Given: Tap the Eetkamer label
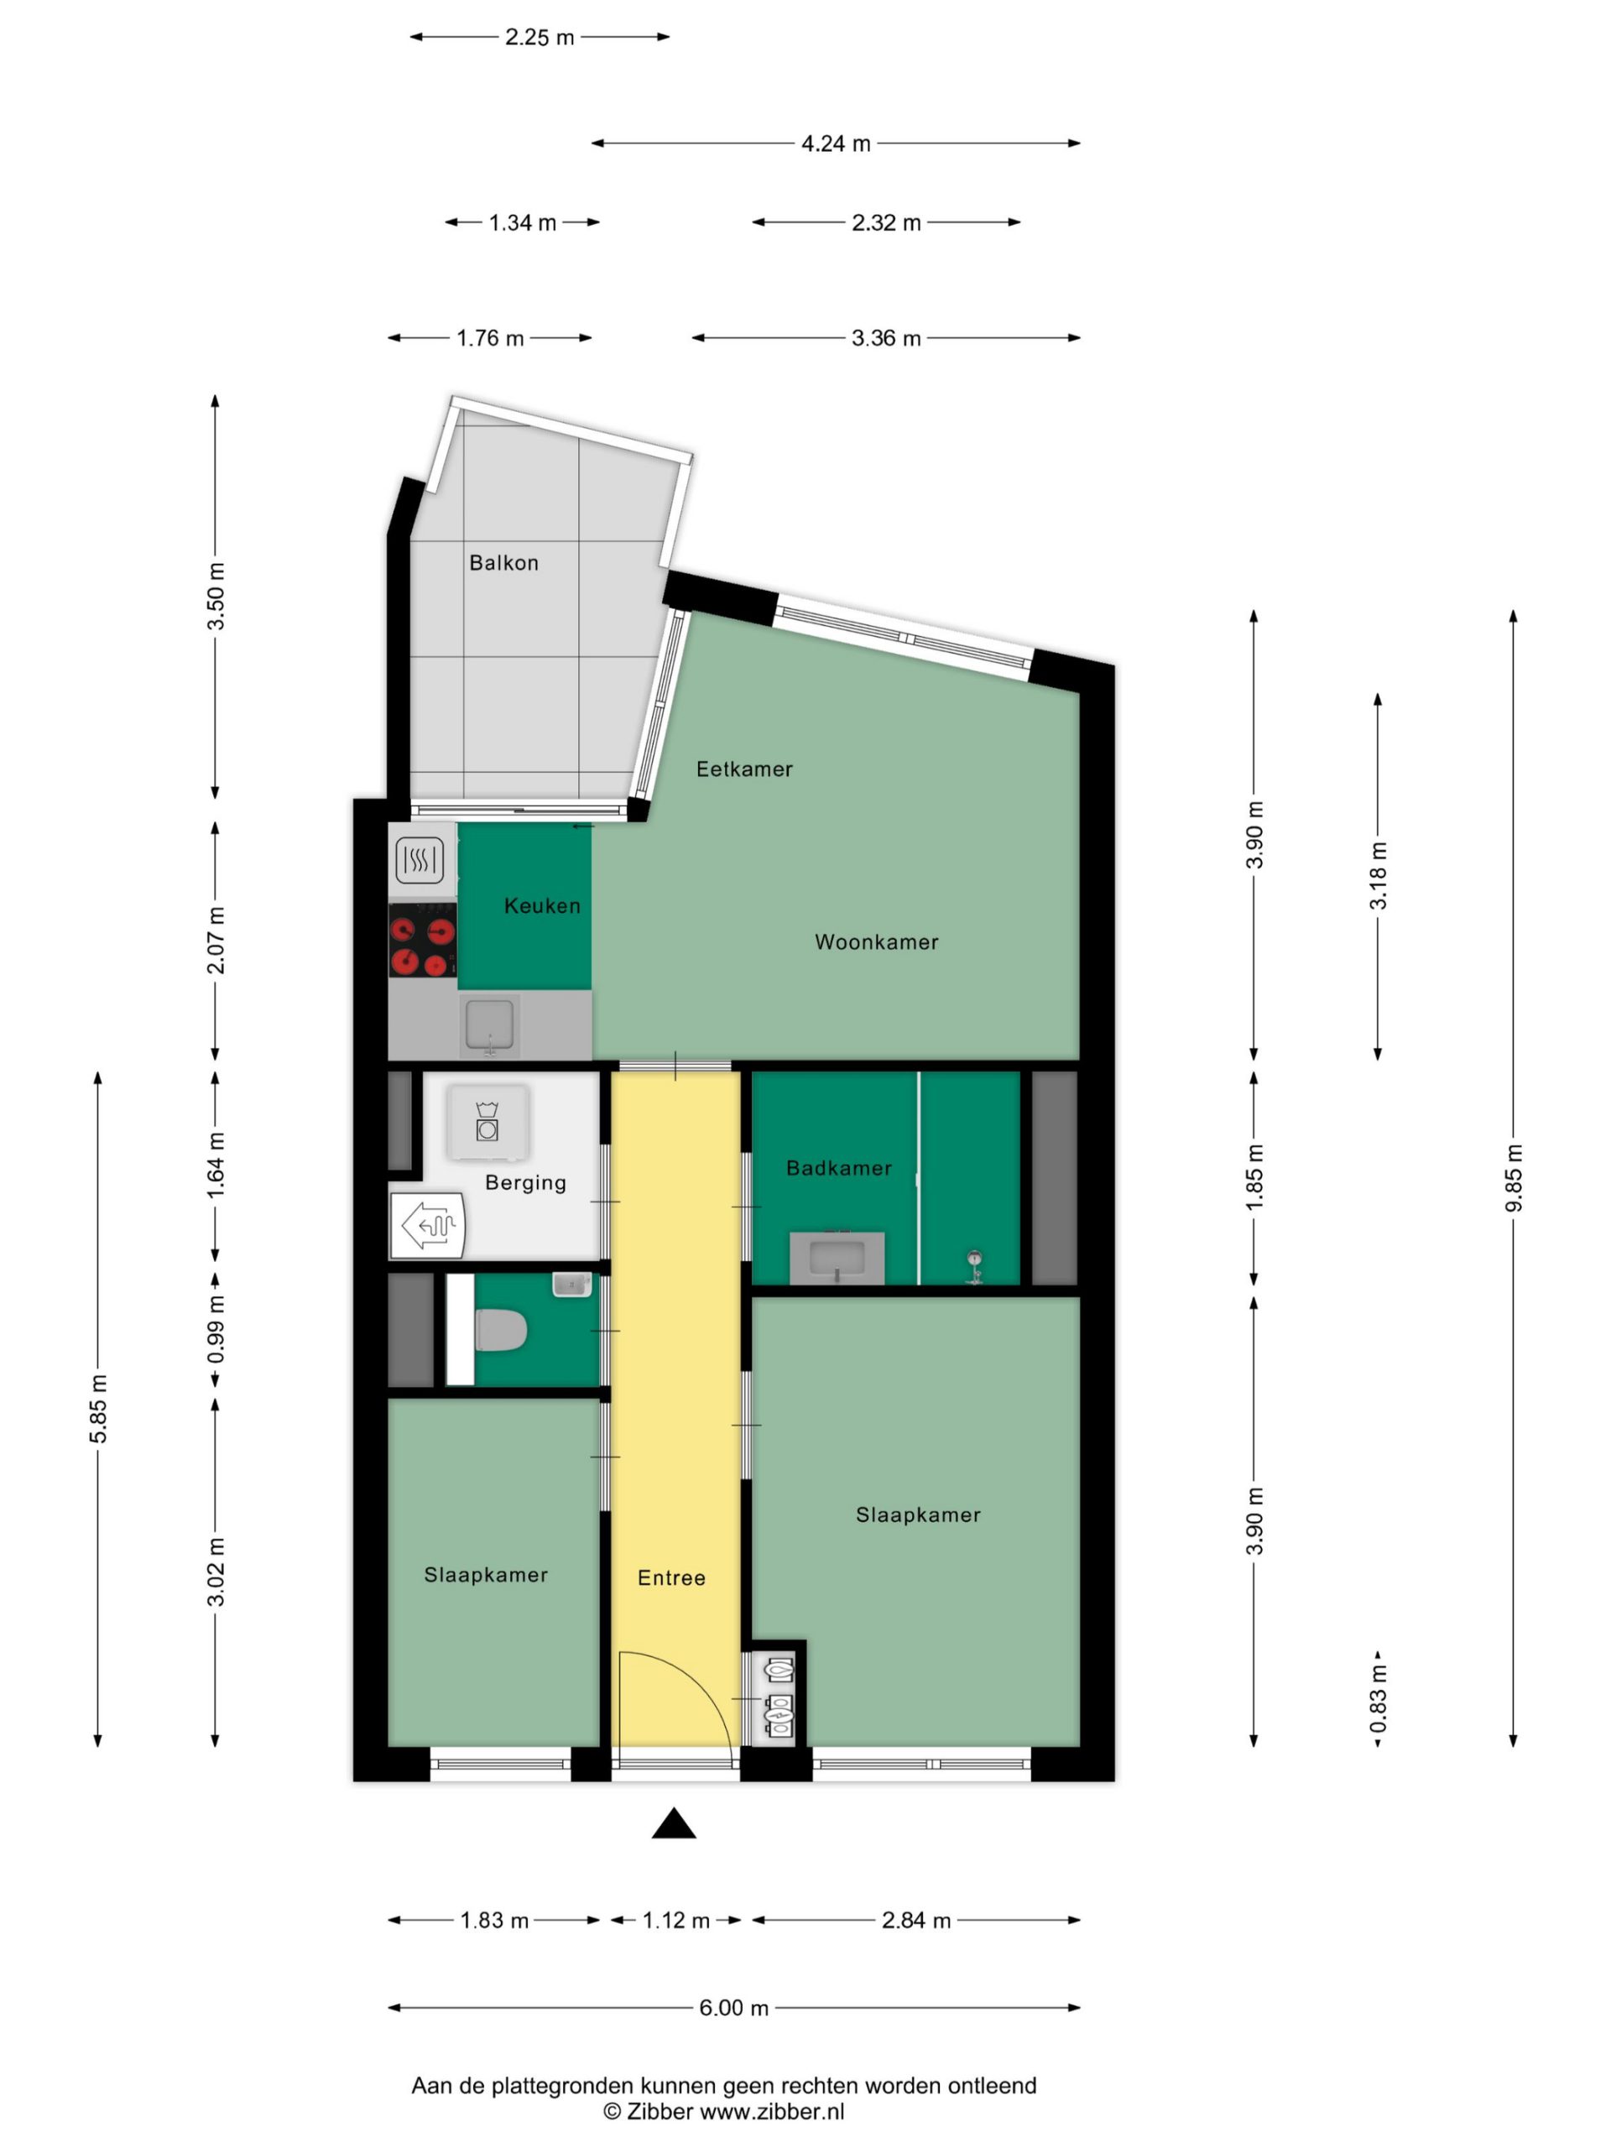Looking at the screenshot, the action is (x=744, y=769).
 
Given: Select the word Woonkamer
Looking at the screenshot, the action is (x=876, y=942).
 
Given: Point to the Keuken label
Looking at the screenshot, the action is (x=542, y=906).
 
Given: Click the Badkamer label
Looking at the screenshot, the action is (x=839, y=1168).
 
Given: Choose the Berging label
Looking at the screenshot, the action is (x=525, y=1183).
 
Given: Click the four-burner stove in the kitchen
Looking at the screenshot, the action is (x=422, y=940).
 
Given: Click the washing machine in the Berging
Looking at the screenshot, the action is (x=487, y=1122).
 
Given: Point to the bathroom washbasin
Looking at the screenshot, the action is (x=837, y=1259).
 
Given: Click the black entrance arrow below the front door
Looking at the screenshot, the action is (x=673, y=1823).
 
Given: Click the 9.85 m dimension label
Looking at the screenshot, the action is (x=1513, y=1178).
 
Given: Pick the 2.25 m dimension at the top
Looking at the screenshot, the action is (x=539, y=37).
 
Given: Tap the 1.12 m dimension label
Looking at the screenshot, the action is (x=675, y=1920).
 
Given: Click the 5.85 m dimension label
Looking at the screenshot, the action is (x=98, y=1408).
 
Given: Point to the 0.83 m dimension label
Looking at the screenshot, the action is (x=1378, y=1698).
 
